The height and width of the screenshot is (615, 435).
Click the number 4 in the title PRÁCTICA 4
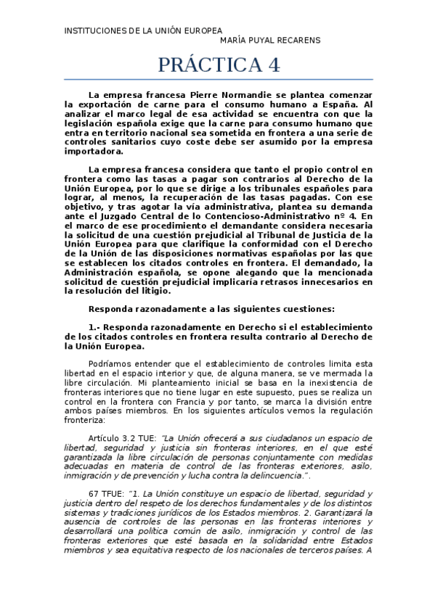[x=272, y=65]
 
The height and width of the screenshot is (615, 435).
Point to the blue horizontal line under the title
[x=218, y=79]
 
